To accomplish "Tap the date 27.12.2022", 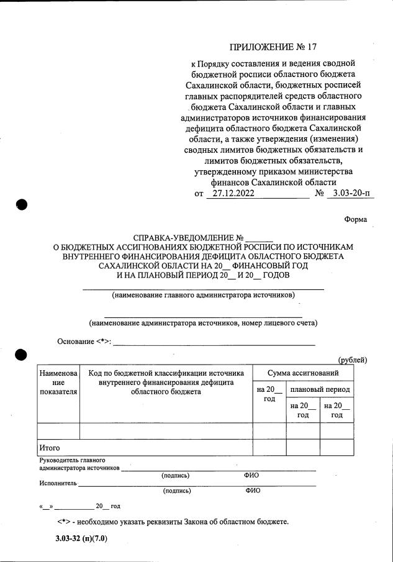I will click(230, 193).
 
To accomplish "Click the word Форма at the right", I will click(355, 219).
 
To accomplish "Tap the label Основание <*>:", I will click(84, 341).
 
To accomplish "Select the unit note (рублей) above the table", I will click(352, 360).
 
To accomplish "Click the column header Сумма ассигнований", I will click(303, 373).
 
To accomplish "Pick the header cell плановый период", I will click(320, 389).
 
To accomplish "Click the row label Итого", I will click(49, 446).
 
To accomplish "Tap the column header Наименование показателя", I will click(58, 383).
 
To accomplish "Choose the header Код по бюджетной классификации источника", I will click(165, 373).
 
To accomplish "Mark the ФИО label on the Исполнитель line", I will click(253, 491).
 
